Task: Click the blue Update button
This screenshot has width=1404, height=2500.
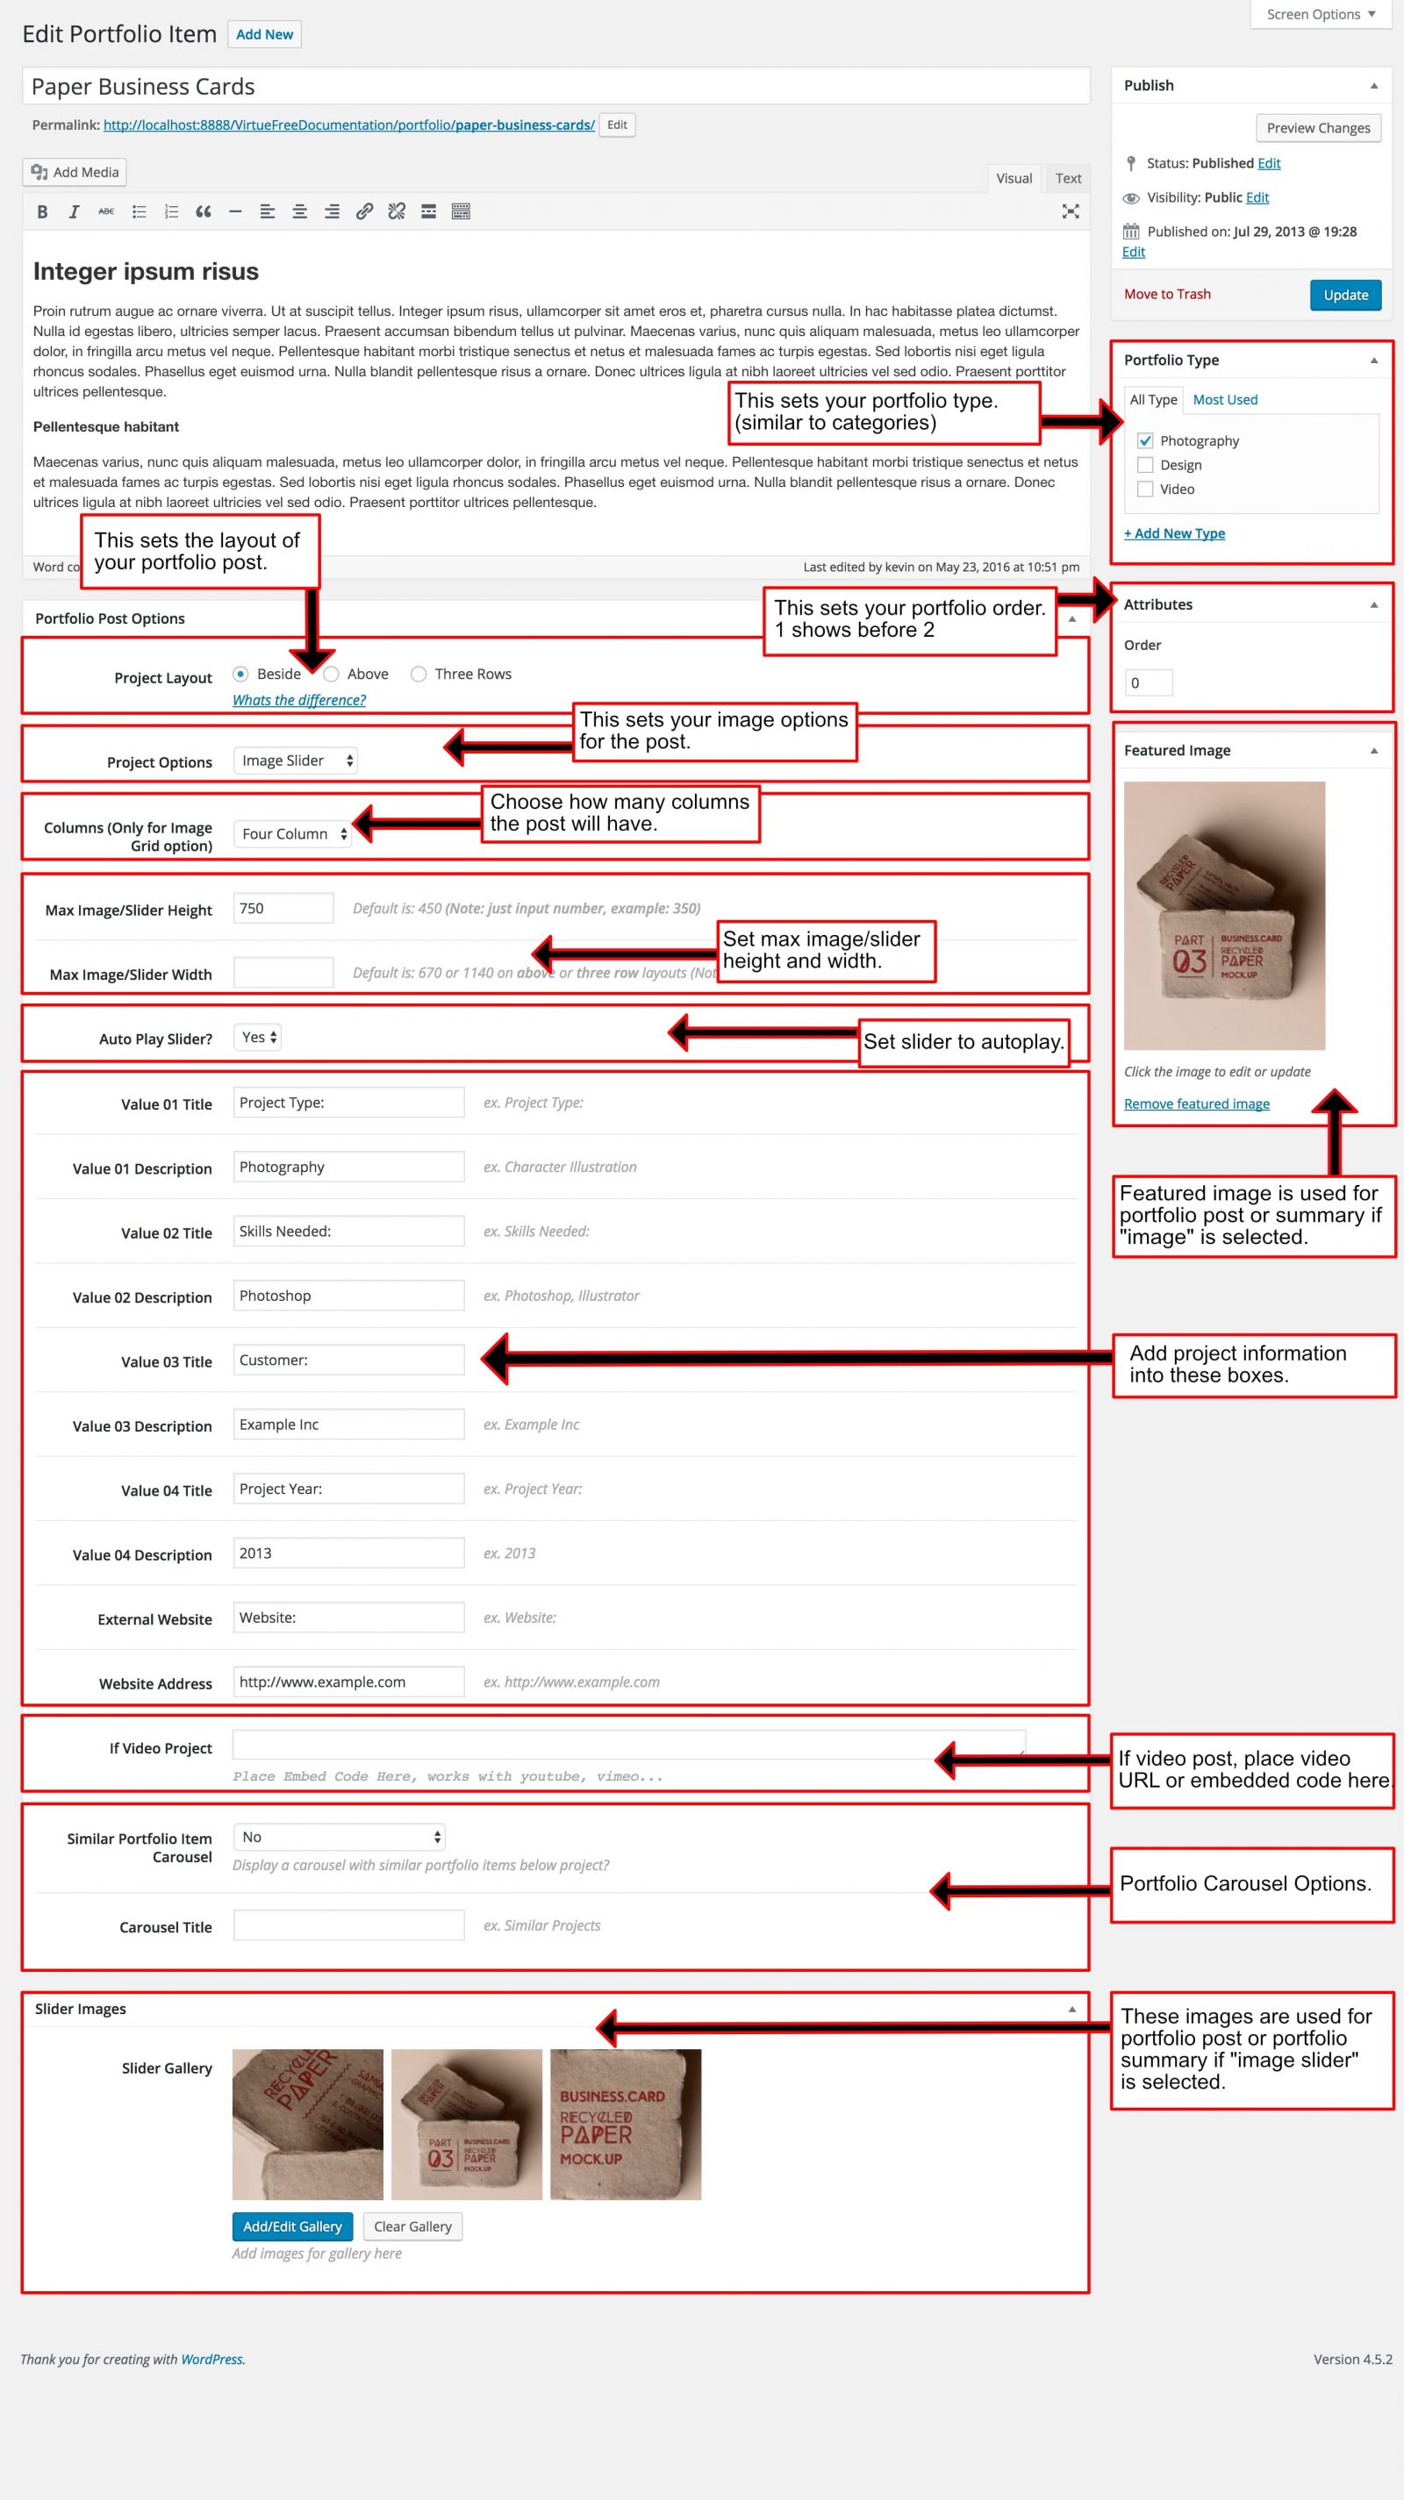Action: [1345, 295]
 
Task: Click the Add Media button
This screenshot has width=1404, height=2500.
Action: [75, 172]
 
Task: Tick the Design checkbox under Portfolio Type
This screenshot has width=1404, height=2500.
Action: [1145, 465]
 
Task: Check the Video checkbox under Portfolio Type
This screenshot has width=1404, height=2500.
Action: [1145, 489]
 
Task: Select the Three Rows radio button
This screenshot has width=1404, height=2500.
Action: [419, 675]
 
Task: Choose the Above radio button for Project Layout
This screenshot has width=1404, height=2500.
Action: [331, 675]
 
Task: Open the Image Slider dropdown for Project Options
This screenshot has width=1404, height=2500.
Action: [295, 761]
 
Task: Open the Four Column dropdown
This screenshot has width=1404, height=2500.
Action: [292, 833]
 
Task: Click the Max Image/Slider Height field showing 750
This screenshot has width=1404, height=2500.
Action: [283, 909]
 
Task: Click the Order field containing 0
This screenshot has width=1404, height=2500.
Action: [1148, 683]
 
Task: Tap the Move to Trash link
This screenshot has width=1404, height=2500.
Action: [1167, 294]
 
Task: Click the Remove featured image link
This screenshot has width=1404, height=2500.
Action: [1196, 1104]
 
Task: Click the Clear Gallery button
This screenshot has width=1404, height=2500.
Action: [412, 2226]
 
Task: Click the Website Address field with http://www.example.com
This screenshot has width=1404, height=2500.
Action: [347, 1682]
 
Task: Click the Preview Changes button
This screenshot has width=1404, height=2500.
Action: [1318, 128]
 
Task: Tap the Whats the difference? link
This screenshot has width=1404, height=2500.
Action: [299, 701]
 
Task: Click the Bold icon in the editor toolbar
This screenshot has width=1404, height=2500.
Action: [42, 211]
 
